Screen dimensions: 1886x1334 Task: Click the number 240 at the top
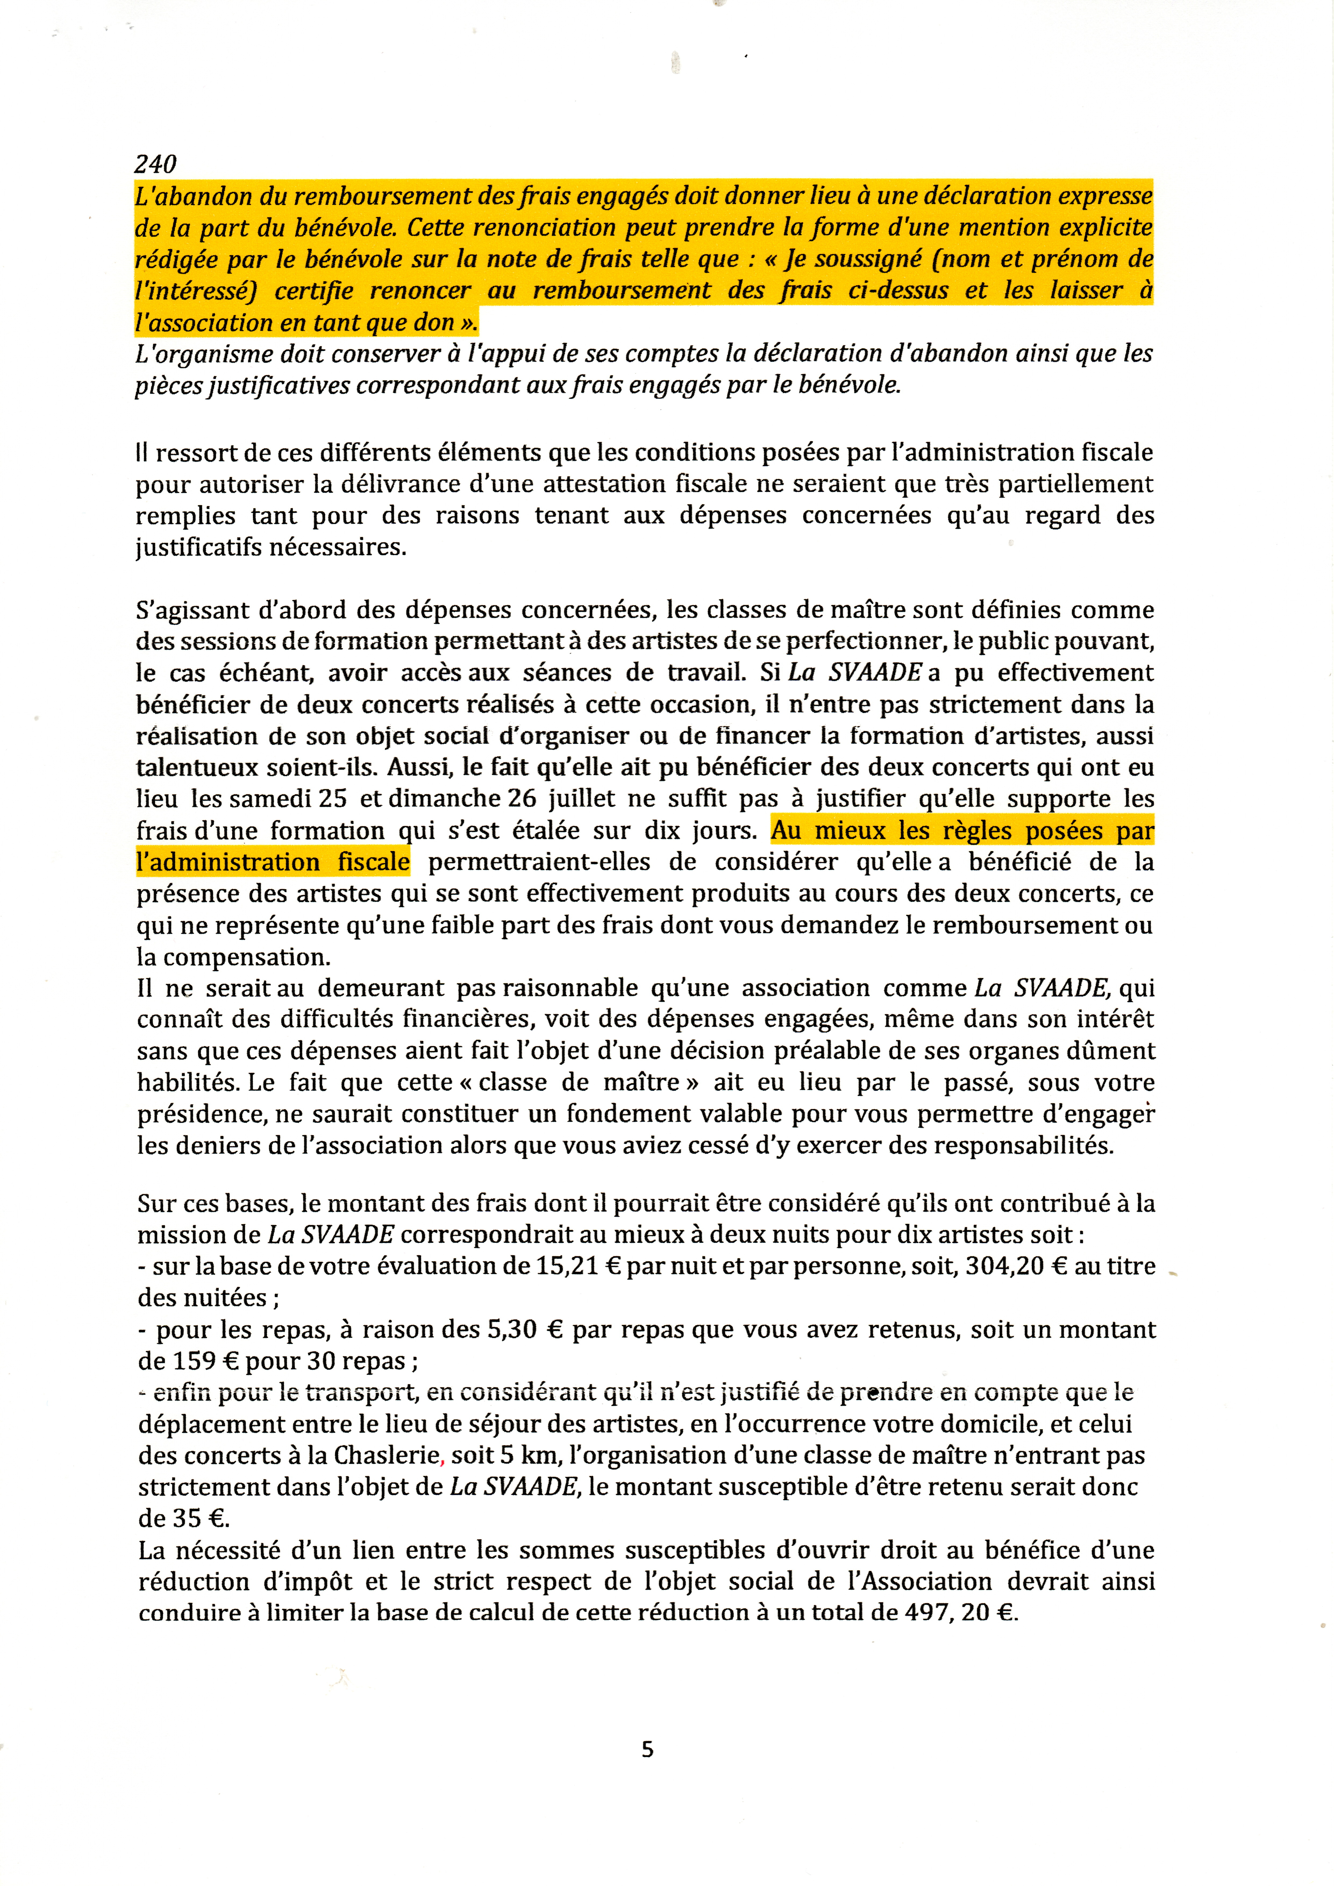155,164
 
